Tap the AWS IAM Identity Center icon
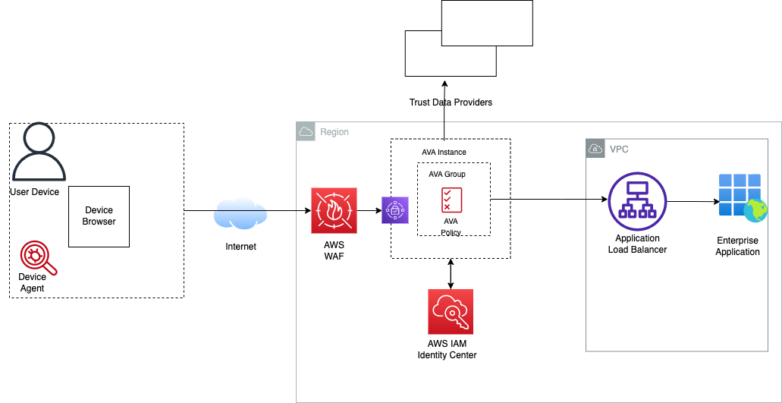[x=451, y=312]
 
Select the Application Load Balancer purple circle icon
[x=637, y=200]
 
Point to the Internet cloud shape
[x=240, y=214]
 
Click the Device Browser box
[x=99, y=216]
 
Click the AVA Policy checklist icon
[x=451, y=200]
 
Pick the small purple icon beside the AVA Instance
[x=395, y=209]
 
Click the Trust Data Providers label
[x=451, y=102]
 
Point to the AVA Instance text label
[x=444, y=152]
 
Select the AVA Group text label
[x=447, y=174]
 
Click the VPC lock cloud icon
[x=596, y=150]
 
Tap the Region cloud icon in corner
[x=306, y=131]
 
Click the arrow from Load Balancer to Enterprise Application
[x=692, y=202]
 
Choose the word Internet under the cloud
[x=240, y=247]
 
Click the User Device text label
[x=34, y=192]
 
